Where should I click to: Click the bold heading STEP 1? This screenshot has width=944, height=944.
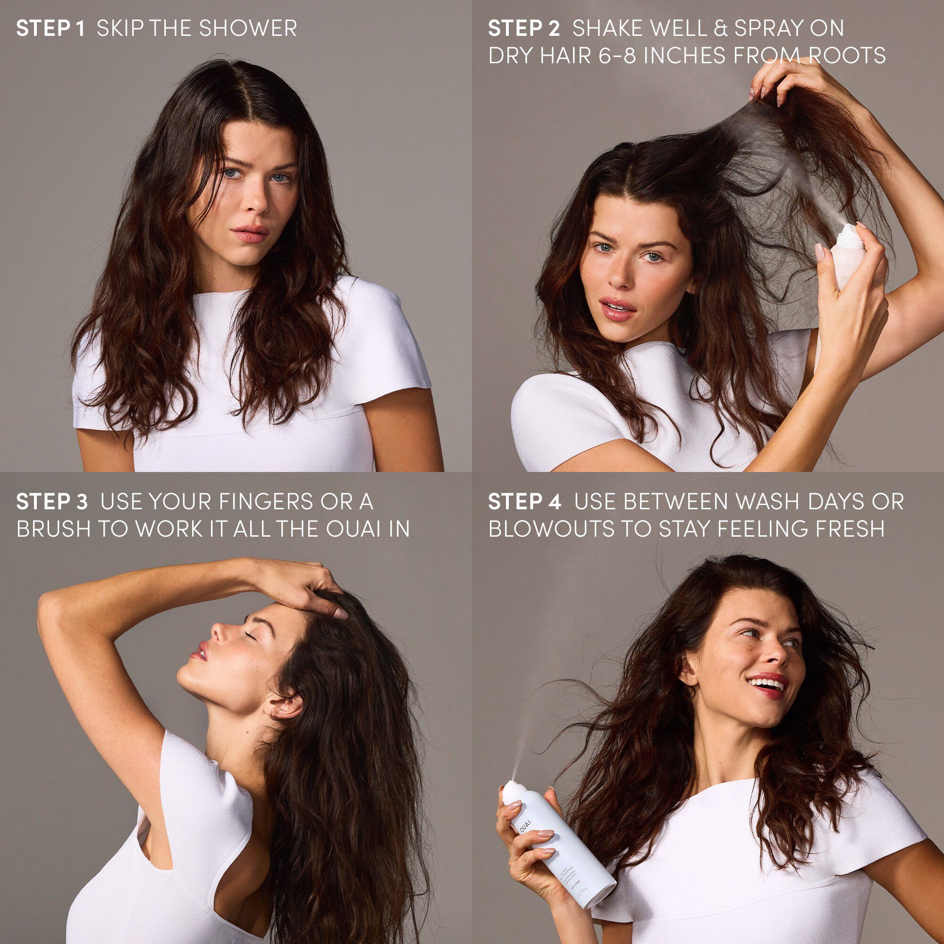(x=51, y=28)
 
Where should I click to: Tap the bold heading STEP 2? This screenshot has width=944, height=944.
(x=524, y=28)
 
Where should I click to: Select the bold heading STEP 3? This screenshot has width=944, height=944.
(x=52, y=502)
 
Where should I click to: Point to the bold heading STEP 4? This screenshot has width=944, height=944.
(x=525, y=502)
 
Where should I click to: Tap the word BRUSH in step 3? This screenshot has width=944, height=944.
(x=53, y=529)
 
